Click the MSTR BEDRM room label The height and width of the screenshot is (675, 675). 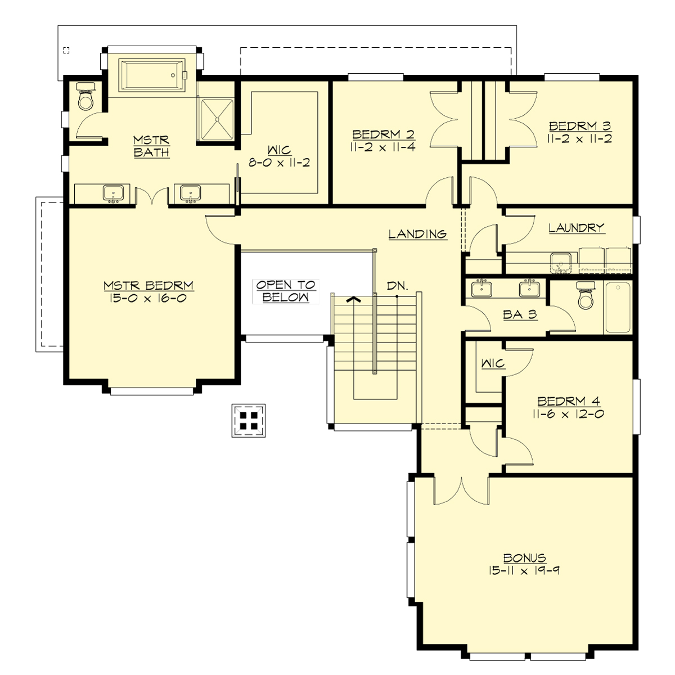pyautogui.click(x=148, y=286)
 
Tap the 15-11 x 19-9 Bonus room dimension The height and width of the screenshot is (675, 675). pyautogui.click(x=524, y=570)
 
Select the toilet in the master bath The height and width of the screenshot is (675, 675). pyautogui.click(x=85, y=99)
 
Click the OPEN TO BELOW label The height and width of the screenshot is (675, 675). pyautogui.click(x=286, y=291)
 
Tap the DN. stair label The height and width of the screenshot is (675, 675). pyautogui.click(x=397, y=286)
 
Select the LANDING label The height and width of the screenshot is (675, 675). pyautogui.click(x=417, y=234)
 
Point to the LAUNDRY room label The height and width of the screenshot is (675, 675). pyautogui.click(x=576, y=228)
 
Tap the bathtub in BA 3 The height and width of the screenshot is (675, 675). pyautogui.click(x=618, y=307)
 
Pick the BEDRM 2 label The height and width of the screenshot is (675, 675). pyautogui.click(x=383, y=134)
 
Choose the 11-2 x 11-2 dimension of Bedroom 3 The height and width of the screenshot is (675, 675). pyautogui.click(x=580, y=138)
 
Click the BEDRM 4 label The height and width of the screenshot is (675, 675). pyautogui.click(x=569, y=402)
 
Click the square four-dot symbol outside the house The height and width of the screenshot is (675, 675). pyautogui.click(x=249, y=420)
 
